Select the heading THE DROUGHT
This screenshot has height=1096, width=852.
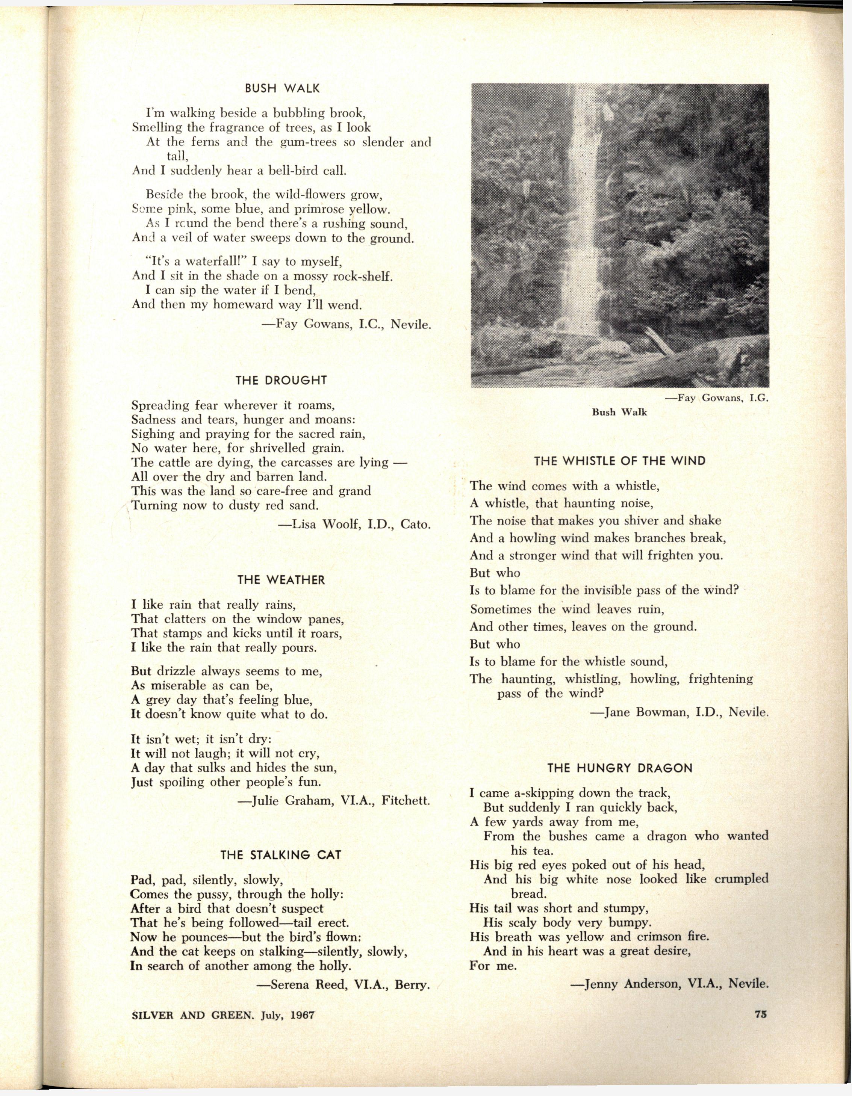coord(281,381)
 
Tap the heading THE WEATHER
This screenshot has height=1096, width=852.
coord(281,580)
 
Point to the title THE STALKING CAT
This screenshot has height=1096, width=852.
coord(281,855)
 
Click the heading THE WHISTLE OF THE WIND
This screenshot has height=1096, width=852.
coord(620,461)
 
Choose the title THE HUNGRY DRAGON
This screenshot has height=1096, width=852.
coord(620,768)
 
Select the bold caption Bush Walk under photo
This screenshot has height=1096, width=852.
coord(619,413)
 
